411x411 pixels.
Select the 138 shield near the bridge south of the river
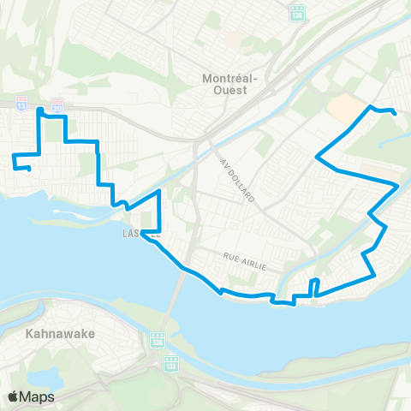coord(158,340)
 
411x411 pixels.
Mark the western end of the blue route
coord(30,169)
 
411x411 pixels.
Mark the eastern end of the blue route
coord(395,113)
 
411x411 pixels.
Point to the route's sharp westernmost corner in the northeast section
coord(317,157)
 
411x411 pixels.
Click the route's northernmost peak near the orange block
coord(371,107)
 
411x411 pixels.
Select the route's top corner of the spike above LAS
coord(159,194)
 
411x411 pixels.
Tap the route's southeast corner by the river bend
coord(375,275)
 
